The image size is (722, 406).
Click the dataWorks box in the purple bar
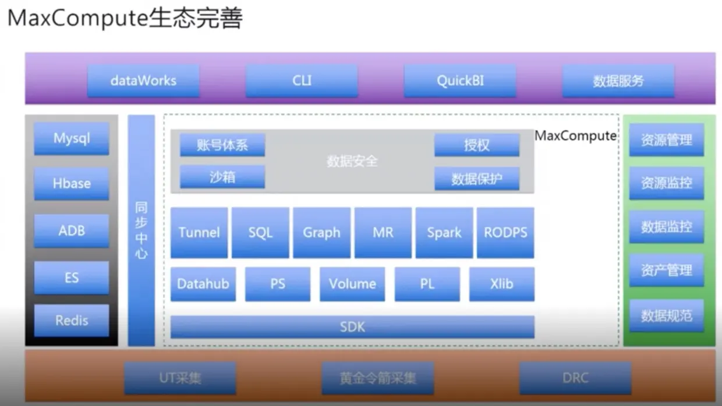coord(143,81)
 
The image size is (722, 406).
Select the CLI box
coord(302,81)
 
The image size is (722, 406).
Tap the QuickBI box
coord(460,81)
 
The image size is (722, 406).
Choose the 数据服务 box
coord(618,81)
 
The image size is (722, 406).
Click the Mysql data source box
coord(72,138)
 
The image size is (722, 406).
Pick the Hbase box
coord(72,184)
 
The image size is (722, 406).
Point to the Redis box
coord(72,320)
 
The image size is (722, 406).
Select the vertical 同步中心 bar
coord(141,230)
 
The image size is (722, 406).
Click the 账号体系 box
coord(222,145)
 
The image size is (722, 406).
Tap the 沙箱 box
coord(222,177)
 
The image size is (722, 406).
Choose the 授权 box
coord(477,145)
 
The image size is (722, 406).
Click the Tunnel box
coord(199,233)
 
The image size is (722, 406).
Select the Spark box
coord(444,233)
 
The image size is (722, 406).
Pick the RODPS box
coord(505,233)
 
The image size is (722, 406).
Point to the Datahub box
coord(203,284)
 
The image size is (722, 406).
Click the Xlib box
coord(502,284)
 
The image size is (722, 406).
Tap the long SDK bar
coord(352,327)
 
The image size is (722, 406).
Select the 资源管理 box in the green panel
coord(667,140)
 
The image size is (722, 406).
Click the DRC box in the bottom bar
coord(575,378)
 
